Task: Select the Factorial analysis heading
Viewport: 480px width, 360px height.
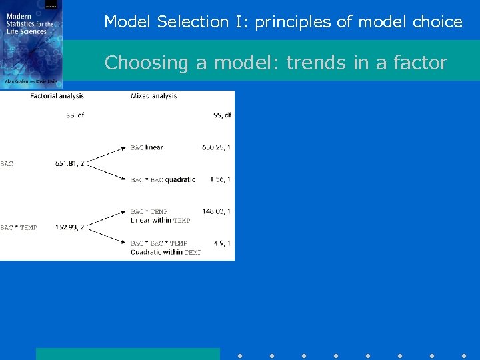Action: click(57, 96)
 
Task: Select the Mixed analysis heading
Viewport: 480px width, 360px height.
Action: click(154, 96)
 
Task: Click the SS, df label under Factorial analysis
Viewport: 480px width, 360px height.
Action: click(75, 115)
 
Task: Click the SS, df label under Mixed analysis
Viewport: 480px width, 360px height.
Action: click(222, 115)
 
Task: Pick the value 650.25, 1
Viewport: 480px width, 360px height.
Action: click(216, 147)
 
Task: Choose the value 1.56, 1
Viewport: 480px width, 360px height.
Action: click(220, 179)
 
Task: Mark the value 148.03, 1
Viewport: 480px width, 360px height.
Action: click(216, 211)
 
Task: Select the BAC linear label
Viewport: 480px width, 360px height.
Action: click(147, 147)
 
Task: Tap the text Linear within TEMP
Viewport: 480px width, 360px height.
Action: click(160, 220)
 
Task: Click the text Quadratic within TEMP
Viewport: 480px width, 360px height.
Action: click(166, 252)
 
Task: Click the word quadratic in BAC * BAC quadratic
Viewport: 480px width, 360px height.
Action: click(180, 179)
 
